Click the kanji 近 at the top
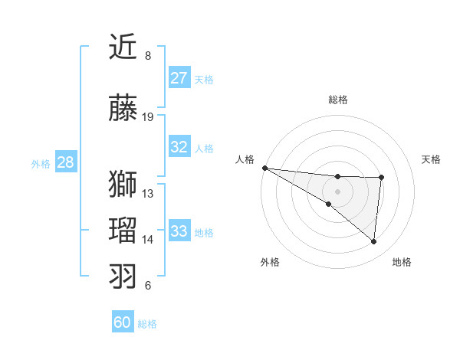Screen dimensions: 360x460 (x=123, y=47)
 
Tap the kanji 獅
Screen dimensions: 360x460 (x=123, y=185)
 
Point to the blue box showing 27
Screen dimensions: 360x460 (x=179, y=78)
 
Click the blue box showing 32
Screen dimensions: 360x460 (x=179, y=148)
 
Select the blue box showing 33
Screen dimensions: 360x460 (x=179, y=231)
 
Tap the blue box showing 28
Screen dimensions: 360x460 (x=65, y=162)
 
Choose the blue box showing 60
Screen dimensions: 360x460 (x=123, y=322)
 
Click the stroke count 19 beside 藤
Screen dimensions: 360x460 (x=148, y=117)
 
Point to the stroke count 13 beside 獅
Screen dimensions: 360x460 (x=148, y=193)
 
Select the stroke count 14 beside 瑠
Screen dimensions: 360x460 (x=148, y=239)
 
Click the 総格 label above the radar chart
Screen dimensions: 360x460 (x=337, y=100)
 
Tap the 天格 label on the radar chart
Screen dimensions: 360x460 (x=432, y=159)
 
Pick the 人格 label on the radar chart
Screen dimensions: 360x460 (x=245, y=159)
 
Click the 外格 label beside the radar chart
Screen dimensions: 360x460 (x=269, y=262)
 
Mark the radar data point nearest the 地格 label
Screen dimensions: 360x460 (x=373, y=241)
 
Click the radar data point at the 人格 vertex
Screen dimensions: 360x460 (x=264, y=168)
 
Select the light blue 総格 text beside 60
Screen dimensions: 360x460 (x=147, y=324)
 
